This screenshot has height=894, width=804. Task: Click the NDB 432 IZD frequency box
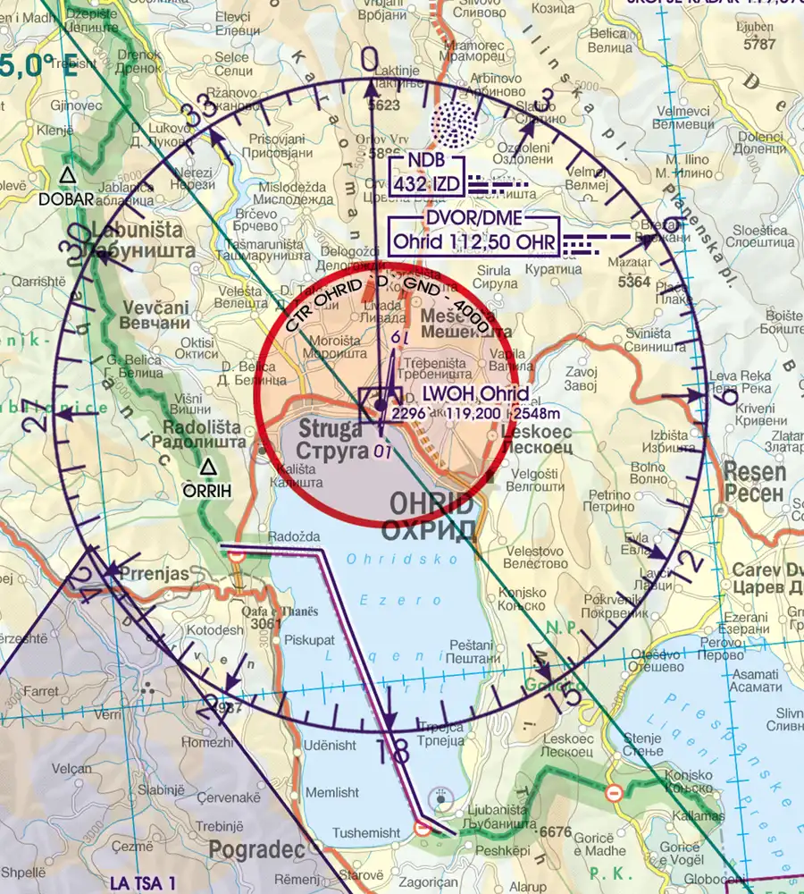pyautogui.click(x=426, y=175)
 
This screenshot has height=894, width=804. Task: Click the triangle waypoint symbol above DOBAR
pyautogui.click(x=67, y=174)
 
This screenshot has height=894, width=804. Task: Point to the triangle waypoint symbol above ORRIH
pyautogui.click(x=208, y=466)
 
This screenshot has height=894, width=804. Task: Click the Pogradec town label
pyautogui.click(x=251, y=848)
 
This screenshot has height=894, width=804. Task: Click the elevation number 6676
pyautogui.click(x=554, y=832)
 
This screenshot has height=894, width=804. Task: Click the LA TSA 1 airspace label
pyautogui.click(x=144, y=882)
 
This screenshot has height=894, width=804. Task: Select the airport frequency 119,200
pyautogui.click(x=472, y=414)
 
